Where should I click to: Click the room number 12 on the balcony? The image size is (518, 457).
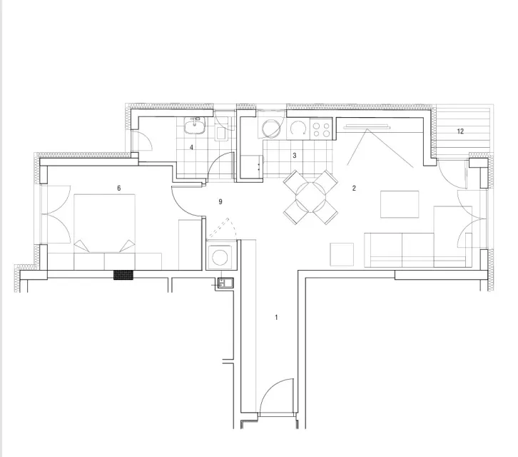point(460,131)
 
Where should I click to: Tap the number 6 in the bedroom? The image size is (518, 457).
point(119,189)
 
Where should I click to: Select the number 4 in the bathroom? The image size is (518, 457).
point(191,148)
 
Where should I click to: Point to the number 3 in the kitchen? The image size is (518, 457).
point(295,156)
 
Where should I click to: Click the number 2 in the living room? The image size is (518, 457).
point(354,189)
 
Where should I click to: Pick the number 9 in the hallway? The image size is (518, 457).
point(220,201)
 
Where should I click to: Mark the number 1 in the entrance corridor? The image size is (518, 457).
point(276,318)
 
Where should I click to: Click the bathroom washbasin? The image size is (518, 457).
point(195,126)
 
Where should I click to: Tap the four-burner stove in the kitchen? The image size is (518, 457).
point(321,129)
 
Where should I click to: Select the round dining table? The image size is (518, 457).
point(311,197)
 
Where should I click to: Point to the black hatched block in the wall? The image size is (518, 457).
point(123,275)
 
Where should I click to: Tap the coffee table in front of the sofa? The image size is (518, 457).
point(400,204)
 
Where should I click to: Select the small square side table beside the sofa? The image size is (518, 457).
point(342,254)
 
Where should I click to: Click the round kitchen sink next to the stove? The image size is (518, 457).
point(298,129)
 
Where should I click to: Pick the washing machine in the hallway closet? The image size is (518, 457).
point(220,256)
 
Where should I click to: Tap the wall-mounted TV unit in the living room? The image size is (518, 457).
point(367,126)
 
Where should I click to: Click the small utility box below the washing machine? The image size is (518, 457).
point(225,283)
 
